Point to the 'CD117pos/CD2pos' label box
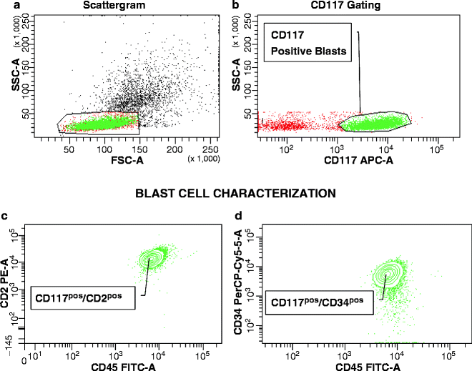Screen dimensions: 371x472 coord(84,295)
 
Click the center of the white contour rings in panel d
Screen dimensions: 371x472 coord(390,273)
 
